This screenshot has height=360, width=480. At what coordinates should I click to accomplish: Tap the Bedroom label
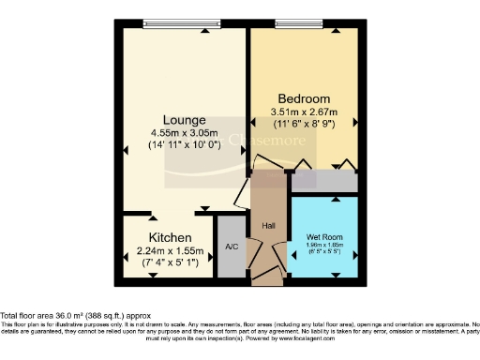pos(304,98)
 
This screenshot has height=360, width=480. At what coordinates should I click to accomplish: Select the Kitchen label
pos(170,237)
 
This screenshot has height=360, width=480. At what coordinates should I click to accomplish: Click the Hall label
pos(268,225)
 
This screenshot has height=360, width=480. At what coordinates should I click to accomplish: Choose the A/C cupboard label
pos(231,248)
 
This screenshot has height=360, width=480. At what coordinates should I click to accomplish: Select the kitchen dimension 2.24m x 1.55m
pos(170,250)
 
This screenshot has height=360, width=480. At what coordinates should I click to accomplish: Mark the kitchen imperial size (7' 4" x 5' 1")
pos(170,262)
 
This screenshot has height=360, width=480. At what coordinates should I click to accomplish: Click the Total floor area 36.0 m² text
pos(75,315)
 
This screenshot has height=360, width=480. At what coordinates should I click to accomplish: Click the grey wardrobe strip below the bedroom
pos(323,181)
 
